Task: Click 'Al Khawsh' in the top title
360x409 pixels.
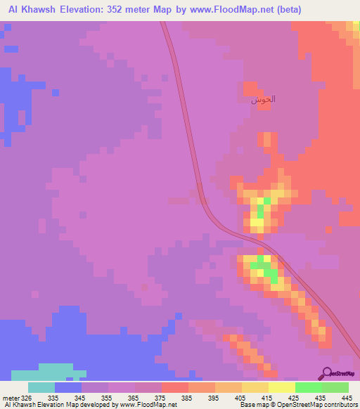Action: (30, 9)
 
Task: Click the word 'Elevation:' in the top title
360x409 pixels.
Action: (87, 9)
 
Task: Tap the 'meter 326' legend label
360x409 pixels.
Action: (16, 398)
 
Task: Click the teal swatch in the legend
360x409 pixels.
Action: (41, 387)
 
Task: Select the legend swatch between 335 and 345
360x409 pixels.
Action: (68, 387)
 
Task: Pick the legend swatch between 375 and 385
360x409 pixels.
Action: (175, 387)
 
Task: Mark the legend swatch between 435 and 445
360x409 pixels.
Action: (335, 387)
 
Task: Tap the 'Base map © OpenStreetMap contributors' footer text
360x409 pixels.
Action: (297, 405)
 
